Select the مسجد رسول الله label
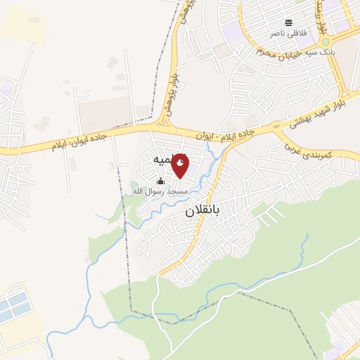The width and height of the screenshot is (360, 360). click(160, 191)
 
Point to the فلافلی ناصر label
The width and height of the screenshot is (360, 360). click(288, 32)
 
